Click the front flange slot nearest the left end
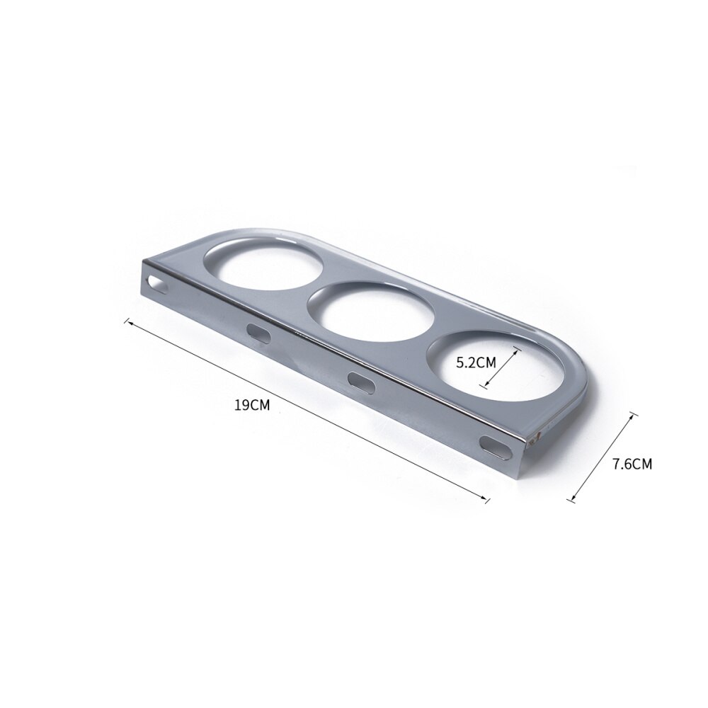(258, 333)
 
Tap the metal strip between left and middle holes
(312, 283)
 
